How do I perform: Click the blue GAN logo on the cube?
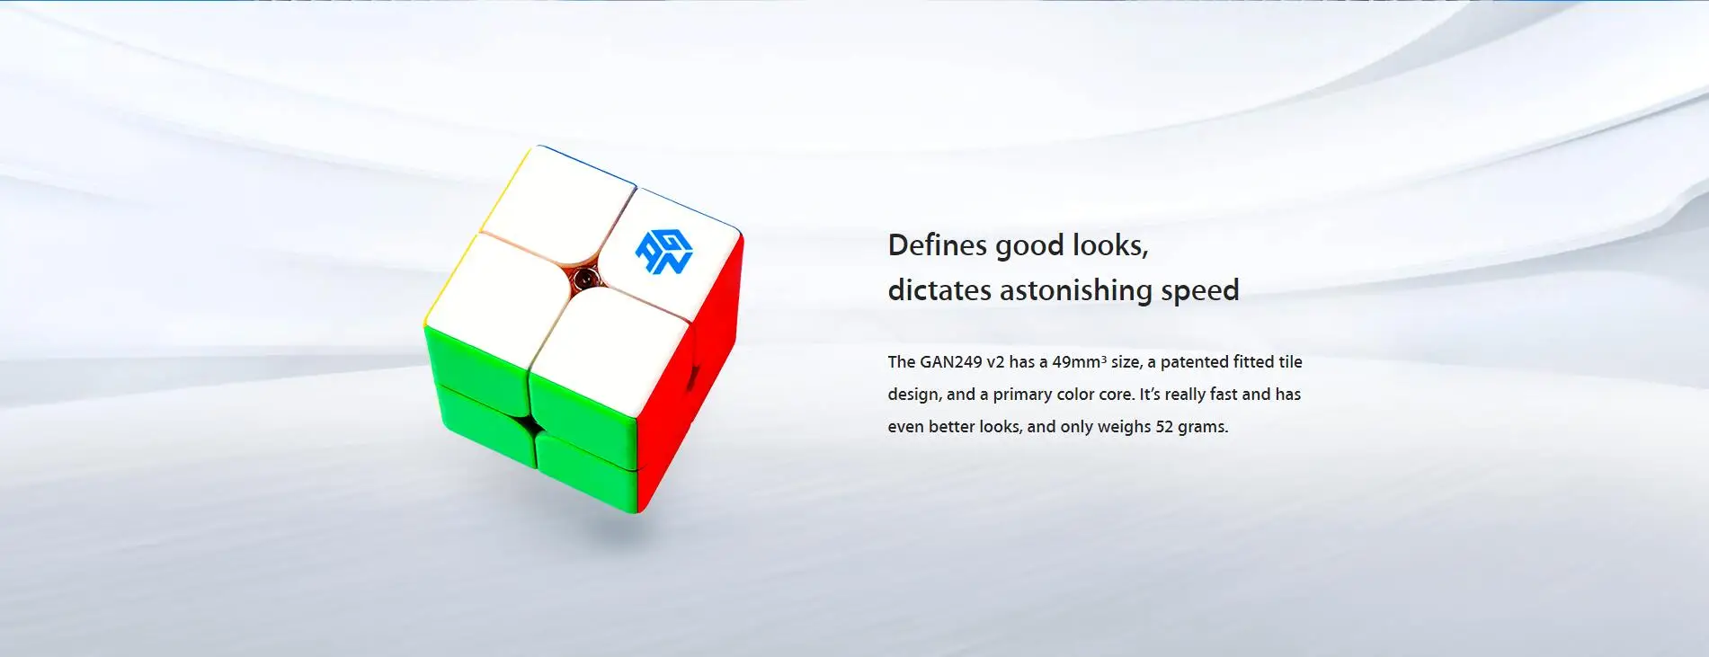663,252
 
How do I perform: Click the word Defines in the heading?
938,245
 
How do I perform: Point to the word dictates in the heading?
939,290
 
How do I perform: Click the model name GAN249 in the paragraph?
950,362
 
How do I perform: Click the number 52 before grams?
1164,427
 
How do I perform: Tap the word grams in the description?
1203,428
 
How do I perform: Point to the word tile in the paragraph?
1291,362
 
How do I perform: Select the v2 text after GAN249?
995,362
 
